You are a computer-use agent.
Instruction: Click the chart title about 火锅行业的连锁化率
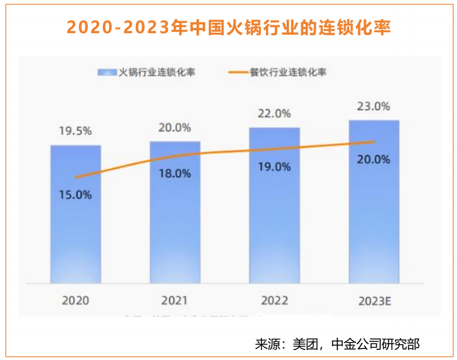click(228, 27)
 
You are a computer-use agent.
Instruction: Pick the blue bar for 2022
click(274, 221)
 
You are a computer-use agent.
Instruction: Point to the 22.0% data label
click(274, 114)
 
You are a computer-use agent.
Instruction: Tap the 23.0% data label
click(374, 106)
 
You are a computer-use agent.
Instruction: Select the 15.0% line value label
click(75, 194)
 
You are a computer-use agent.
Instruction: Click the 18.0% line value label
click(175, 173)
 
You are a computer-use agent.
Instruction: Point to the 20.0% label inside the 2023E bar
click(374, 159)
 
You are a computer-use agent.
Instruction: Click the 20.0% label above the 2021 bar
click(175, 128)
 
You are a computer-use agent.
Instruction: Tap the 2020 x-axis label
click(75, 300)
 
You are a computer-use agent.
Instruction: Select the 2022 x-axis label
click(274, 300)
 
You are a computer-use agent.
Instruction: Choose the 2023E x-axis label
click(374, 300)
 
